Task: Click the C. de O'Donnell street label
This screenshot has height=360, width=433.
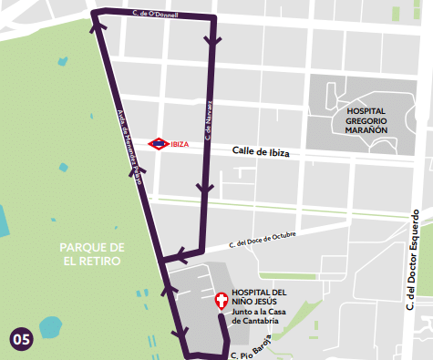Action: tap(155, 15)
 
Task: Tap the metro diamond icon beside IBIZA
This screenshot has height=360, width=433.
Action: tap(159, 143)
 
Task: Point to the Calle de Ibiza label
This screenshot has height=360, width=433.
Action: tap(260, 152)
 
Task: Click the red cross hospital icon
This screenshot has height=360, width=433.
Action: tap(221, 301)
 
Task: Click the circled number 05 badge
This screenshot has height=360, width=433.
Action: tap(21, 339)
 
